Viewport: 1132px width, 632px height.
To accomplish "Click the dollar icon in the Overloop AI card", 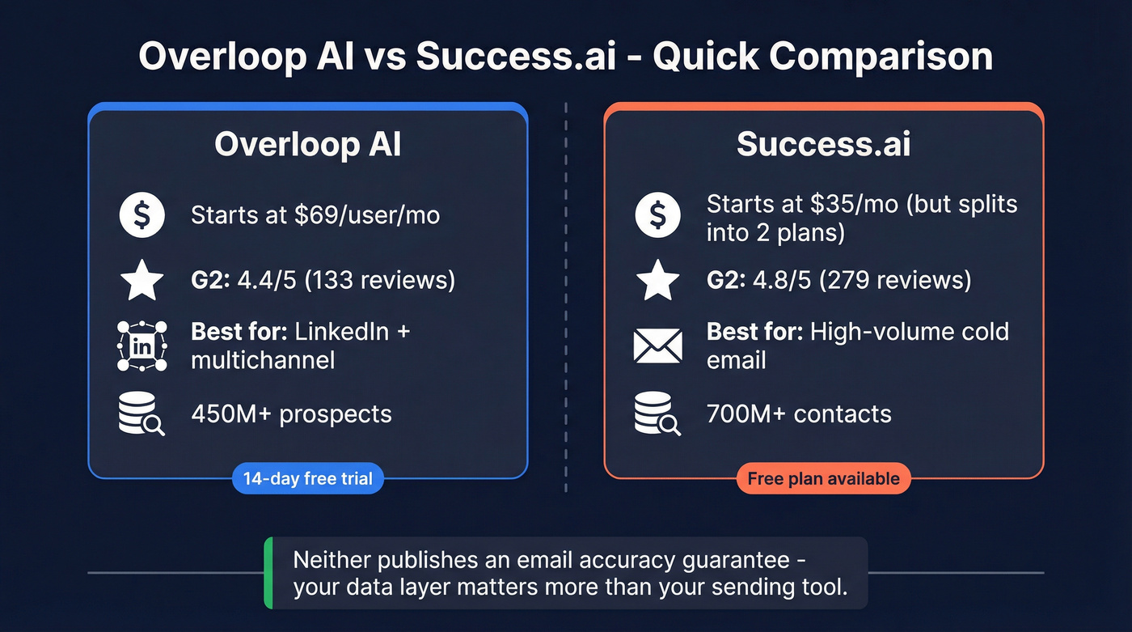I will (141, 216).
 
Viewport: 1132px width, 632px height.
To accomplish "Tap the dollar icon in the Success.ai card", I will (658, 216).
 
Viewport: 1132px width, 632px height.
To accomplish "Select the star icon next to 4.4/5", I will (141, 281).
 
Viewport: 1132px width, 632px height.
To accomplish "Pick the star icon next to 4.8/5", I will (658, 281).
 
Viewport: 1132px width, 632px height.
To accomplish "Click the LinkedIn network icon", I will (141, 346).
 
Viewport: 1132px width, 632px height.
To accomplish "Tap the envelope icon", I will (658, 346).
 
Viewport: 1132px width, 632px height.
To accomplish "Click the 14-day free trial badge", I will (307, 479).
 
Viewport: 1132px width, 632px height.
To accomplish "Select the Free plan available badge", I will (823, 479).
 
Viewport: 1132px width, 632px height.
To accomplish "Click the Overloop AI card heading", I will (307, 145).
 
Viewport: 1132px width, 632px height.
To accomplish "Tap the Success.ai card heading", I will (823, 145).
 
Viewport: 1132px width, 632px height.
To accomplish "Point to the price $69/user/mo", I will (374, 215).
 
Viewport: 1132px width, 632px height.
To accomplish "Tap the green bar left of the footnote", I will (268, 573).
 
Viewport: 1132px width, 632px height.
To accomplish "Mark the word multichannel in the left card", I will (263, 360).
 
